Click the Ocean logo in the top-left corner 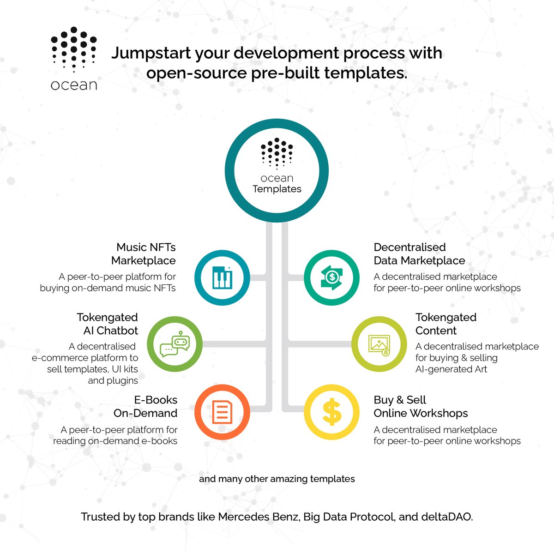74,58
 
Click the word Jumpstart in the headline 151,53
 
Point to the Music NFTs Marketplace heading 144,254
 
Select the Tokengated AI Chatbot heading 108,324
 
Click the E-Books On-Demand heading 146,407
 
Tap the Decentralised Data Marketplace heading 419,254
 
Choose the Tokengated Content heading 446,324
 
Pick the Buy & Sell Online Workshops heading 420,407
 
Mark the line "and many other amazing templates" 277,479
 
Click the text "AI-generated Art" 451,369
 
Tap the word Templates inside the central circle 277,189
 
